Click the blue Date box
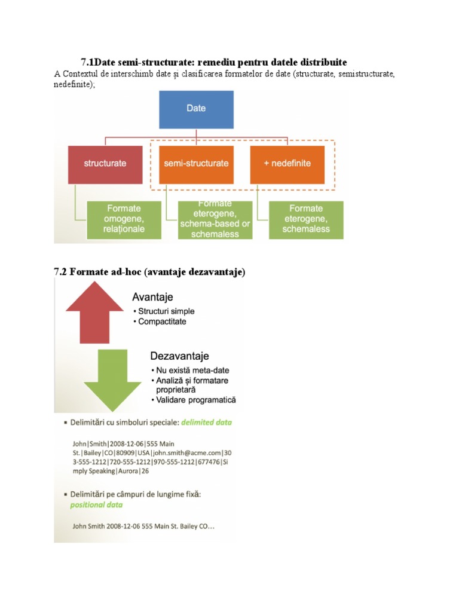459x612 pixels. (x=196, y=109)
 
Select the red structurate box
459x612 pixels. (x=105, y=163)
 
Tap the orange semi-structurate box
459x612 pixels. (x=197, y=163)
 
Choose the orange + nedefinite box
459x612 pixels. (x=287, y=163)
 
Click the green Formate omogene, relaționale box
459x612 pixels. (x=124, y=218)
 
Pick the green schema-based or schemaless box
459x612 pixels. (x=215, y=219)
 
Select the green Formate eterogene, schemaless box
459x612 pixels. (x=306, y=218)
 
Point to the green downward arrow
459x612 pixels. (x=112, y=377)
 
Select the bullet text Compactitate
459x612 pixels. (x=162, y=322)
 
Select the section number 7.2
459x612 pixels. (x=60, y=272)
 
